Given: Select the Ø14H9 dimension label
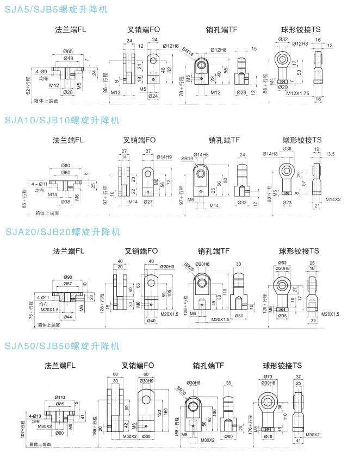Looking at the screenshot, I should [165, 157].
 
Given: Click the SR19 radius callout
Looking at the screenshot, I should [187, 158].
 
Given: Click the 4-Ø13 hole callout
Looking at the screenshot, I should [39, 415].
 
